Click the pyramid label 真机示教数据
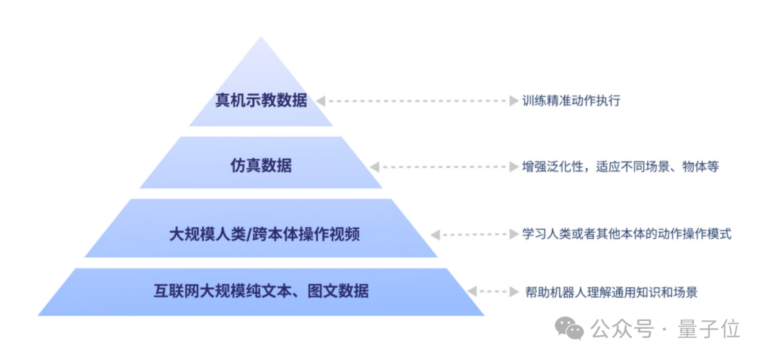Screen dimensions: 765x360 (x=261, y=101)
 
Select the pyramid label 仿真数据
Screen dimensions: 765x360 (x=261, y=167)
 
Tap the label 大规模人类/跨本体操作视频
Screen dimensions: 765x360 (x=264, y=235)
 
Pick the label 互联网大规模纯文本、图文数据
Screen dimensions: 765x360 (x=261, y=291)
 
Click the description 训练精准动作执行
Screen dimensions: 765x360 (x=571, y=101)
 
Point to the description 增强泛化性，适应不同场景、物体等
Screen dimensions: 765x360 (x=620, y=167)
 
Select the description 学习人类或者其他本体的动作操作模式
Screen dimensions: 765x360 (x=626, y=234)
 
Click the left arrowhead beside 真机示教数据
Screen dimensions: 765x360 (x=321, y=101)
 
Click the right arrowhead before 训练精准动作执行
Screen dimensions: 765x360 (x=514, y=101)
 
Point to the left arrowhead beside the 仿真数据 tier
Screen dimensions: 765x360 (x=374, y=167)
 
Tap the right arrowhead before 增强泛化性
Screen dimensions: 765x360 (x=514, y=167)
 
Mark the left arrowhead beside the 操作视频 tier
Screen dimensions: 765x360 (x=435, y=235)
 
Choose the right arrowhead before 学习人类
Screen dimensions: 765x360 (x=514, y=235)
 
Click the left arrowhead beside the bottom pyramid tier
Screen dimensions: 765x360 (x=472, y=292)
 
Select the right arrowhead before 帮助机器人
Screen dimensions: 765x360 (x=514, y=292)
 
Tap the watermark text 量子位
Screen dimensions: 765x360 (x=709, y=330)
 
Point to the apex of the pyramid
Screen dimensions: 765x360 (x=261, y=36)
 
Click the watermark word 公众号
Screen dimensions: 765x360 (x=622, y=330)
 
